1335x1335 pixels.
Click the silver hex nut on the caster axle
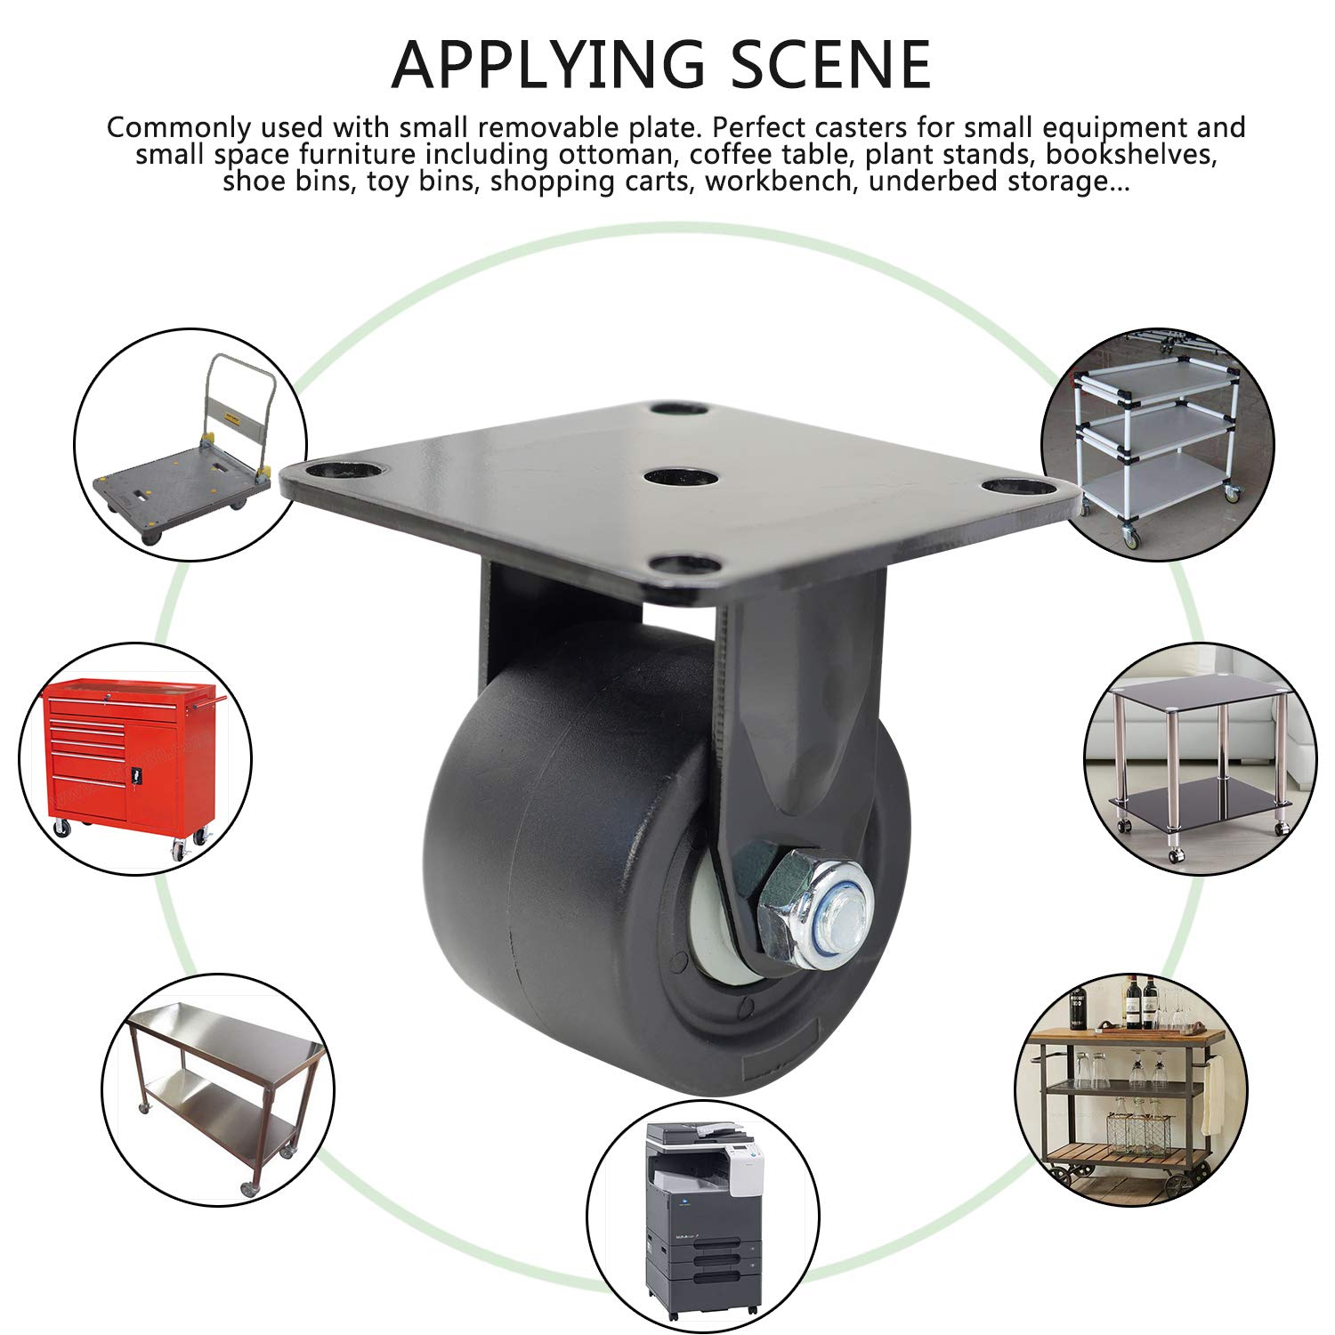795,906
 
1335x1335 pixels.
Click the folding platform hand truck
185,454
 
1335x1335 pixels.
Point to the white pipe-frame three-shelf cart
1157,436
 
